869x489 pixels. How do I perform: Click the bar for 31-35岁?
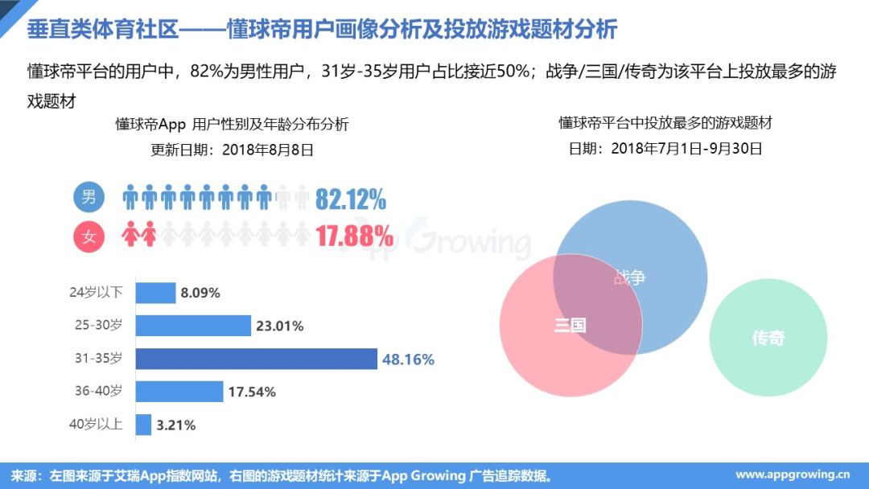(x=256, y=359)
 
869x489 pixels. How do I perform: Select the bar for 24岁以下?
(x=155, y=293)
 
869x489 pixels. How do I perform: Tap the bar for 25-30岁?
(x=193, y=326)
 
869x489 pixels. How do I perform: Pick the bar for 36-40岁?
(x=179, y=392)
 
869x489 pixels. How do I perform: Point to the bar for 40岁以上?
(x=143, y=424)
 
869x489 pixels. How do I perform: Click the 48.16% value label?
(x=408, y=359)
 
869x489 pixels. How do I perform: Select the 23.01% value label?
(x=279, y=326)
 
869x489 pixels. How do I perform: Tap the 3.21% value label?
(x=176, y=424)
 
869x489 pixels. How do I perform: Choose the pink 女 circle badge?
(x=89, y=236)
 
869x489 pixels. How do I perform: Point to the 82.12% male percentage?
(x=350, y=199)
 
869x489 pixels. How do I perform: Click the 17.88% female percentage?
(x=353, y=236)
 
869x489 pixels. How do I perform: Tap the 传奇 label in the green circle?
(x=768, y=339)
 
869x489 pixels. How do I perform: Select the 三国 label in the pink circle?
(x=570, y=326)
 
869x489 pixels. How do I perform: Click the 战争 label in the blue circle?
(x=629, y=277)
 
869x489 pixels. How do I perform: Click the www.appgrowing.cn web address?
(x=793, y=475)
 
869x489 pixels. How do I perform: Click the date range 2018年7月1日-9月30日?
(x=686, y=148)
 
